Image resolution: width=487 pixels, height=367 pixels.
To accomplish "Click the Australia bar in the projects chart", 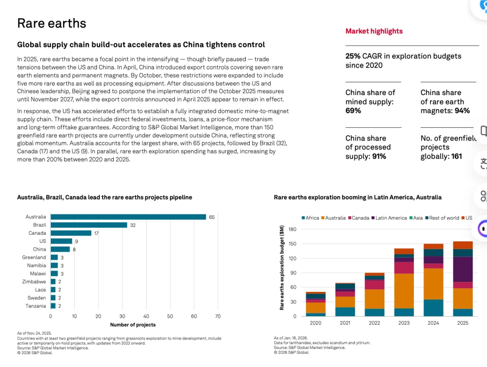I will (x=128, y=217).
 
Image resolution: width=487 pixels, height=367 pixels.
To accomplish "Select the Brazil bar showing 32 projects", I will (x=89, y=225).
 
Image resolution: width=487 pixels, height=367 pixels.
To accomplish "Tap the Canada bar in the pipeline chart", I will (x=71, y=233).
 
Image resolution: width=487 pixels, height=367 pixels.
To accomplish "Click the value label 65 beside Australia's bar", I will (x=211, y=217).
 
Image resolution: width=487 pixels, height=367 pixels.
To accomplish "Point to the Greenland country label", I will (x=34, y=258).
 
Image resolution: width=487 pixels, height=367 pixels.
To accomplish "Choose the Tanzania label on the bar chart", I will (x=36, y=306).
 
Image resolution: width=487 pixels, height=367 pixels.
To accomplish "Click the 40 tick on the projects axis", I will (x=146, y=316).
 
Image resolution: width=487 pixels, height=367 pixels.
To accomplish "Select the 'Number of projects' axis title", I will (x=133, y=325).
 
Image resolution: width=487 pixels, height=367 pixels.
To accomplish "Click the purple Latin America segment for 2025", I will (x=463, y=269).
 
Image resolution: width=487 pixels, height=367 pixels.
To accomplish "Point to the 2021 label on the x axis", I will (x=345, y=323).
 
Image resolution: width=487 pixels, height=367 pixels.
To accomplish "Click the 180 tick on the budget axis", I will (x=292, y=229).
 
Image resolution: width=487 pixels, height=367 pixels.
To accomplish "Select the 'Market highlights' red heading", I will (x=374, y=31).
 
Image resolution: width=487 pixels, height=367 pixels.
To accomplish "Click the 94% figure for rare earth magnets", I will (x=462, y=111).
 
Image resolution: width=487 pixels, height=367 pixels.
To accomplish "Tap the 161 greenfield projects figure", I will (x=457, y=156).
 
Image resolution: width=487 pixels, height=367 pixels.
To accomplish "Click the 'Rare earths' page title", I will (x=51, y=23).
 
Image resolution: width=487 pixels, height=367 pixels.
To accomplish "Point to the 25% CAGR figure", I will (x=353, y=56).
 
